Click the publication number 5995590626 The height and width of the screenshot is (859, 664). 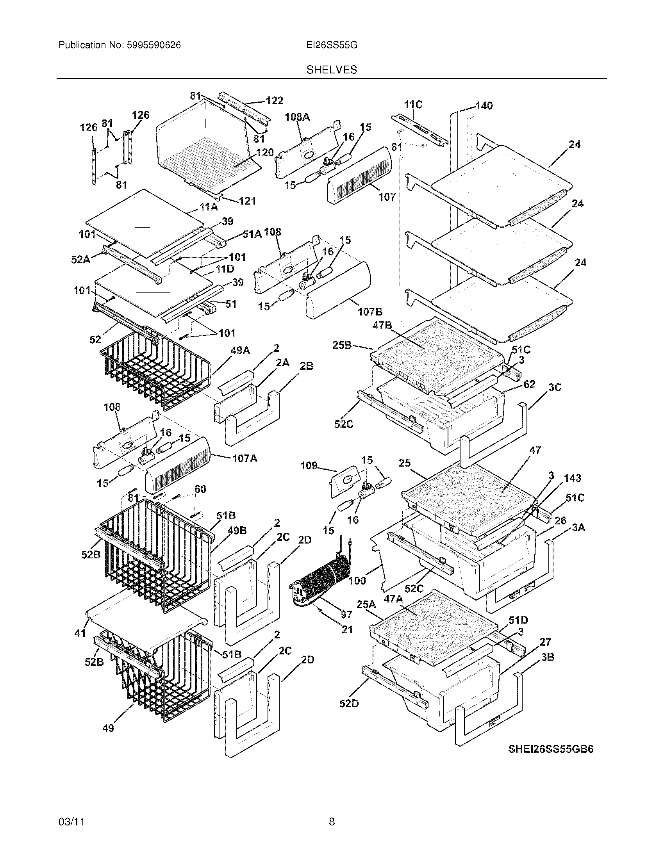click(x=154, y=45)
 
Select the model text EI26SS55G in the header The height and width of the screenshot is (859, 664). click(x=332, y=45)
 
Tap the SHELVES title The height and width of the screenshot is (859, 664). click(x=332, y=70)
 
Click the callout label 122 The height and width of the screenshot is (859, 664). click(x=274, y=101)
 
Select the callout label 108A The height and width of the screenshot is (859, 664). click(x=297, y=117)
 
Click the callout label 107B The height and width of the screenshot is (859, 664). click(x=370, y=312)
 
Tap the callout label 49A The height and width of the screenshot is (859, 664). click(x=240, y=351)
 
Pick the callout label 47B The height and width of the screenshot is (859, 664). click(x=382, y=326)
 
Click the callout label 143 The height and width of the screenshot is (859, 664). click(x=572, y=478)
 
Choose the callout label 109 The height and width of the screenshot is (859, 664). click(x=309, y=466)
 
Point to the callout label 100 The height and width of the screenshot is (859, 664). click(x=357, y=581)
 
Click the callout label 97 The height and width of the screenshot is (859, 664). click(x=346, y=614)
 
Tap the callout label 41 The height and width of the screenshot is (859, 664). click(x=80, y=633)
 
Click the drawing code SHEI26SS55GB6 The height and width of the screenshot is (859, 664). click(x=551, y=749)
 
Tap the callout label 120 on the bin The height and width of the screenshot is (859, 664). click(x=265, y=153)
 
